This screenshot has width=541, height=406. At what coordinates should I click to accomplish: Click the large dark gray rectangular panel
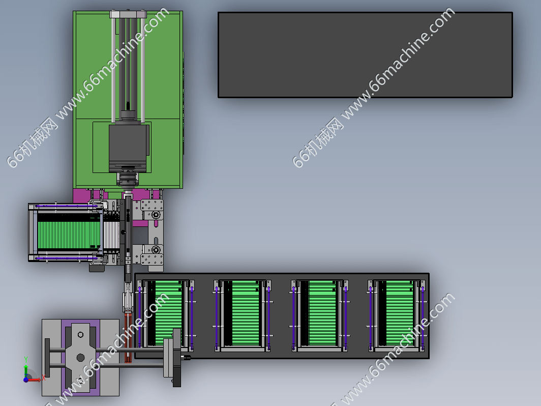click(x=365, y=55)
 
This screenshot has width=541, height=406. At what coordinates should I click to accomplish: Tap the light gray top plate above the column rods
click(x=128, y=14)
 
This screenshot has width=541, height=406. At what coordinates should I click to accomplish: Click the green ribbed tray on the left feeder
click(x=69, y=235)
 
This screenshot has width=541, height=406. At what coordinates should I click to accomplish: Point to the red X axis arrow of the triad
click(x=35, y=380)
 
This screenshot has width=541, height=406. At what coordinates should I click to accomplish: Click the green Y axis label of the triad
click(x=26, y=360)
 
